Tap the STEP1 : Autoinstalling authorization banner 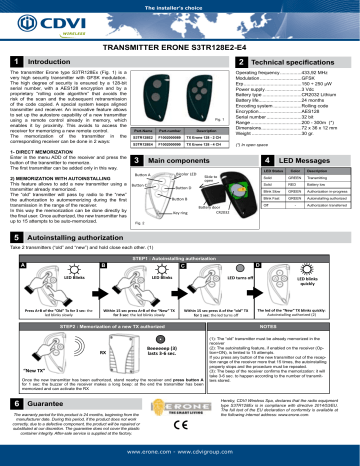(x=180, y=256)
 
